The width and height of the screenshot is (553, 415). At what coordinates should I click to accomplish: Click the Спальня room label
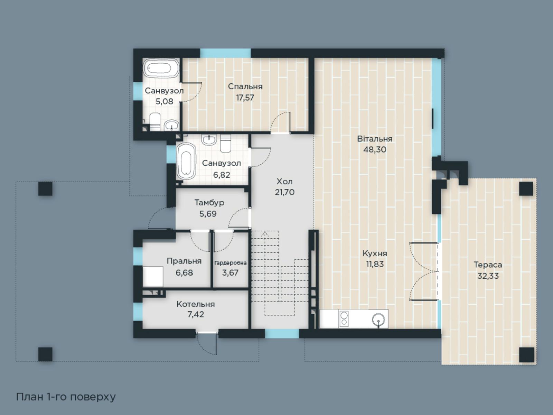pos(245,86)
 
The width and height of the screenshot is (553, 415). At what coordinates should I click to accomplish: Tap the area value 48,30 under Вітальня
pos(375,150)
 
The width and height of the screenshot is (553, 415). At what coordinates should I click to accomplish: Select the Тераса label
pos(488,265)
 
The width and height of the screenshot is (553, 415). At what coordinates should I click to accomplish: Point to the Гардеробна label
pos(230,263)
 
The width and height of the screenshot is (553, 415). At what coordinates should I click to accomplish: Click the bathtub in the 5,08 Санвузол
pos(161,68)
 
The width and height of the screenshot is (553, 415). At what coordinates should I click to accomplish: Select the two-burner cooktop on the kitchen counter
pos(344,319)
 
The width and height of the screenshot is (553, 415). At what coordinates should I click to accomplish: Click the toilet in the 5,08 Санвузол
pos(155,122)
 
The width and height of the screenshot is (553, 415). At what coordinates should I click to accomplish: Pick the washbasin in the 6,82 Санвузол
pos(209,140)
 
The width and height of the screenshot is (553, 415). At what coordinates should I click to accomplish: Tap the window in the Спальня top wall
pos(225,53)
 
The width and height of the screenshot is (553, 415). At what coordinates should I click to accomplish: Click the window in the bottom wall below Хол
pos(282,334)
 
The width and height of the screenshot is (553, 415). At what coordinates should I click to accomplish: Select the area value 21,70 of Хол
pos(284,192)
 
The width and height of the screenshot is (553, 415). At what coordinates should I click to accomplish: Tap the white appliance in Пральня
pos(153,277)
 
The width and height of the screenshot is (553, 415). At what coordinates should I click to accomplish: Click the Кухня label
pos(375,253)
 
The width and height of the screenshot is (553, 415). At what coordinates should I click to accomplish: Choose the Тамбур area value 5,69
pos(208,214)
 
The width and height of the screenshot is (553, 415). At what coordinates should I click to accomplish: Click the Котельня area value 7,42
pos(196,314)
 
